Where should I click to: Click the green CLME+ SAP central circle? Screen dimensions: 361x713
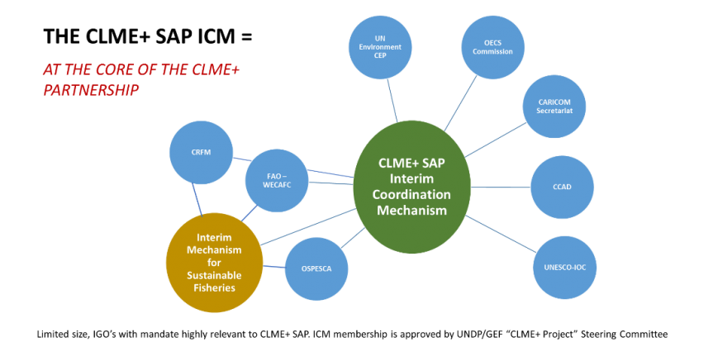coord(411,188)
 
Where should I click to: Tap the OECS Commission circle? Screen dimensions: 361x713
coord(492,47)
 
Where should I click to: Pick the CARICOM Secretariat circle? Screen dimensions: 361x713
coord(555,107)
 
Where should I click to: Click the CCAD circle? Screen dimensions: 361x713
coord(562,187)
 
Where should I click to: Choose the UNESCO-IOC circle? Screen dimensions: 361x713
coord(564,268)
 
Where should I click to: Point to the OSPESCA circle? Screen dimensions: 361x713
coord(316,268)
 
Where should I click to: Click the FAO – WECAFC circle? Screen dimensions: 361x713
coord(277,180)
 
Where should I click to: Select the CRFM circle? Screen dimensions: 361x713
coord(201,153)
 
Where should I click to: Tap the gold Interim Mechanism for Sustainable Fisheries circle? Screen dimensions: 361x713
coord(214,262)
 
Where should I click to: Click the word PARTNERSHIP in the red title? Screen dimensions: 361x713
coord(90,90)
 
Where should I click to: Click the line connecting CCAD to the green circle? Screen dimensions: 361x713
coord(500,187)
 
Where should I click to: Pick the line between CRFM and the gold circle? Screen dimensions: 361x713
coord(197,198)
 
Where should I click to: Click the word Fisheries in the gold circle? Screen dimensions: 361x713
coord(214,287)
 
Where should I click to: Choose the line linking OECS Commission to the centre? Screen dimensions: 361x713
coord(461,104)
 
